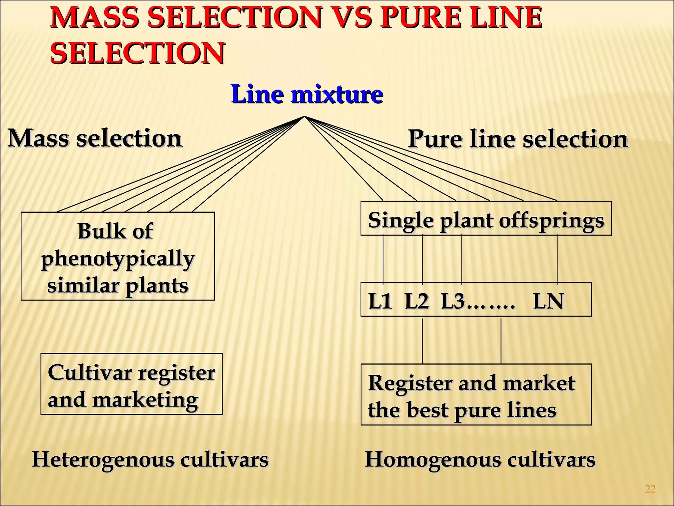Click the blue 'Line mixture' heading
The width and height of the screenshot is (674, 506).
[x=307, y=94]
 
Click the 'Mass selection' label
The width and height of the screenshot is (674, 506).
[x=95, y=138]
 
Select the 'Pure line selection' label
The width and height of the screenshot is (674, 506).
[x=518, y=139]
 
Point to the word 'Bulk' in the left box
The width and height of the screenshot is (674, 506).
[x=97, y=231]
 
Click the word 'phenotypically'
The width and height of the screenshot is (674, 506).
[x=118, y=259]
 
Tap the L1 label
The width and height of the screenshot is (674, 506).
[x=380, y=301]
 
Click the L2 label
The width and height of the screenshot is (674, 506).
[x=417, y=301]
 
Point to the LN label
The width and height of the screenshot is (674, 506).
[x=549, y=301]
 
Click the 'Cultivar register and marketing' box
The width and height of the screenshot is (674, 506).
[x=131, y=384]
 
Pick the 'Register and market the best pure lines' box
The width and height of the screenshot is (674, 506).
[x=476, y=395]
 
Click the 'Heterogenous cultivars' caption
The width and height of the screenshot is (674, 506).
[x=150, y=459]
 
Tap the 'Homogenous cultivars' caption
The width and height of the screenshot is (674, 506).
[x=480, y=459]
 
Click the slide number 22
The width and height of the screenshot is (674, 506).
[x=650, y=489]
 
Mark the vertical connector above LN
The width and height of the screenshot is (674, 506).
[x=557, y=259]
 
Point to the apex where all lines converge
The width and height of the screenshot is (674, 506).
[x=304, y=117]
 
